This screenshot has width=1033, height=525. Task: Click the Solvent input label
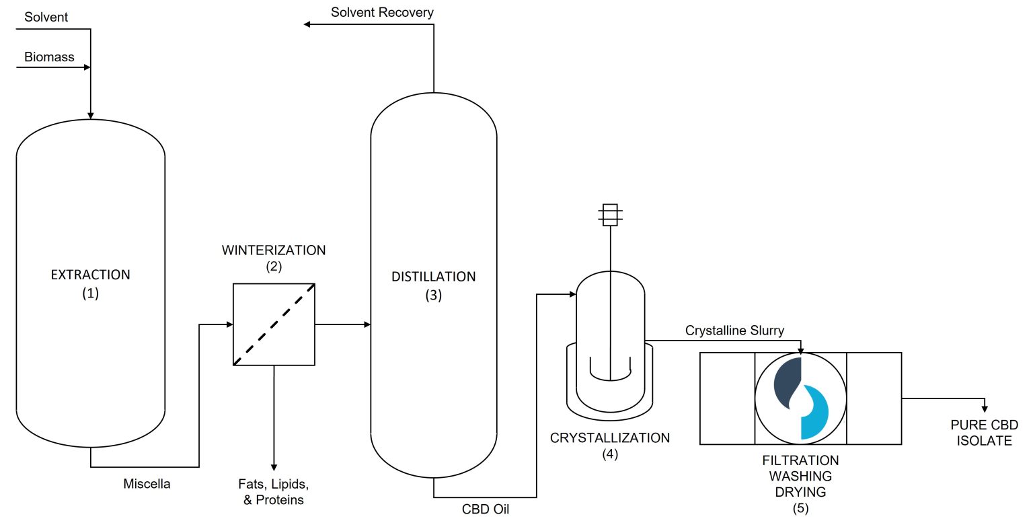(46, 17)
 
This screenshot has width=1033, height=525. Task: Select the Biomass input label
(49, 57)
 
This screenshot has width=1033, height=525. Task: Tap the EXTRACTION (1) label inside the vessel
(90, 284)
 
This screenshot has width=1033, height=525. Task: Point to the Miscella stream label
(147, 483)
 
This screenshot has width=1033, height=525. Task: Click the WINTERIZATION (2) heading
(273, 258)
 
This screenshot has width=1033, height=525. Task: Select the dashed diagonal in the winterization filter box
(274, 324)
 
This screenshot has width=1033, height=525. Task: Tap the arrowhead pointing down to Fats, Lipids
(274, 466)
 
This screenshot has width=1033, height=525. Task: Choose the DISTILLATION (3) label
(433, 285)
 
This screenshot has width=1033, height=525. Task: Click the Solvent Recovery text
(382, 12)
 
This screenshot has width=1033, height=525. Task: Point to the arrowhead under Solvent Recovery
(307, 25)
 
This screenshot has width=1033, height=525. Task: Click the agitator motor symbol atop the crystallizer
(610, 213)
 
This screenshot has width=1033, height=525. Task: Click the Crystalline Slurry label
(734, 330)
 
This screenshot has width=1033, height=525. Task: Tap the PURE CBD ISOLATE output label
(984, 433)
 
